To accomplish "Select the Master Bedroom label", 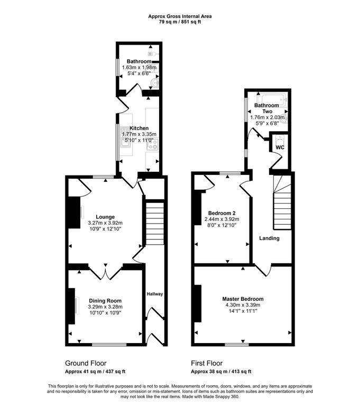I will coord(243,299).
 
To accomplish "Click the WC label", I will coord(280,147).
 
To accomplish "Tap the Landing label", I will coord(269,238).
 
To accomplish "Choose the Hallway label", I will coord(155,294).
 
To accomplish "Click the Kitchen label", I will coord(138,128).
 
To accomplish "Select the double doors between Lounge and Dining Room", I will coord(106,272).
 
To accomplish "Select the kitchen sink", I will coord(125,136).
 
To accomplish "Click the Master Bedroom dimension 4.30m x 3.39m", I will coord(243,305).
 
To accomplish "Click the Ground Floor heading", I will coord(86,364).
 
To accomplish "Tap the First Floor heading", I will coord(207,364).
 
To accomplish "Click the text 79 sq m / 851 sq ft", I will coord(180,22).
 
